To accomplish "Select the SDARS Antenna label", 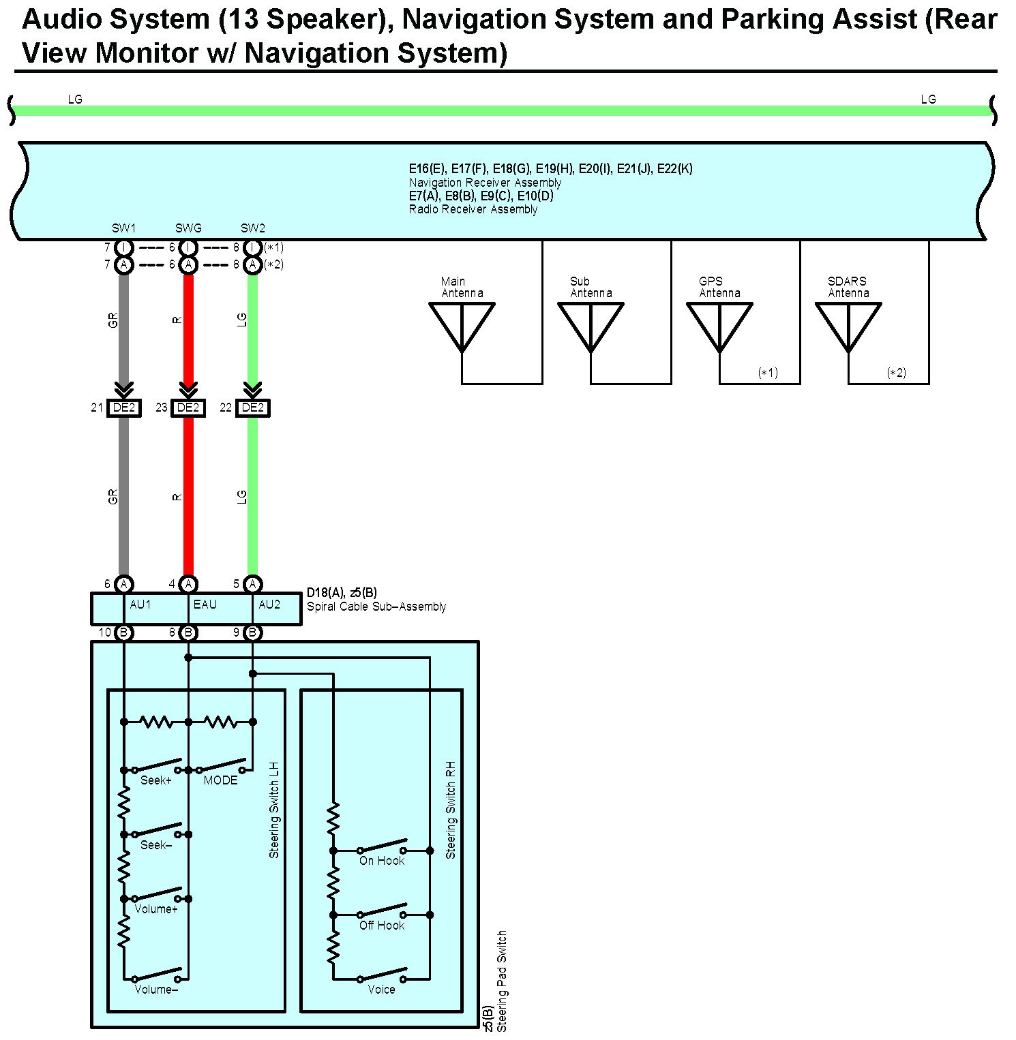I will [848, 287].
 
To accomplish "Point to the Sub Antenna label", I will [591, 287].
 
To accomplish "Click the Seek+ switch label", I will [156, 780].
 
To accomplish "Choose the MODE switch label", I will [221, 780].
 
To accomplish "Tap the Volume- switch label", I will [156, 990].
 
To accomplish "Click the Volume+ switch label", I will [156, 909].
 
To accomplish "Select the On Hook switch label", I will [382, 861].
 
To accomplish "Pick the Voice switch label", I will [381, 990].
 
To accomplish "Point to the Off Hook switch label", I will [382, 926].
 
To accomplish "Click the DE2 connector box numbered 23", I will [188, 408].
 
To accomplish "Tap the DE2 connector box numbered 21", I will [124, 408].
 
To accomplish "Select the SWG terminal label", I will [188, 228].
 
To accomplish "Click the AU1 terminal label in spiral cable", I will [140, 605].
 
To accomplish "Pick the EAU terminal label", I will [205, 605].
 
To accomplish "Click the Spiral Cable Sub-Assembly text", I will [376, 607].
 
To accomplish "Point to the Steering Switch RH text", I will [451, 810].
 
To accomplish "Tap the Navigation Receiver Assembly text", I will [485, 183].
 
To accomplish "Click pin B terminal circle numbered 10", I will [123, 632].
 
